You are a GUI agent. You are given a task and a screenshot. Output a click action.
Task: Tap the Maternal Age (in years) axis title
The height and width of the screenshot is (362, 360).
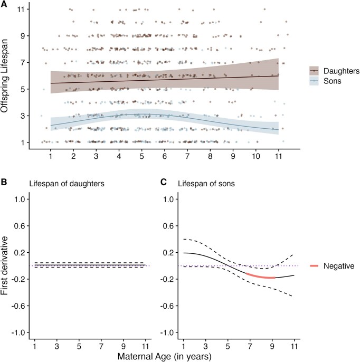click(x=165, y=356)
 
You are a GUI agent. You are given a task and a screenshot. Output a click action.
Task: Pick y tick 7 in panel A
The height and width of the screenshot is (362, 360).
click(x=25, y=63)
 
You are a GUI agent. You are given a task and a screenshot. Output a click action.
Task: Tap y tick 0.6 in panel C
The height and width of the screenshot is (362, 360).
click(x=170, y=226)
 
